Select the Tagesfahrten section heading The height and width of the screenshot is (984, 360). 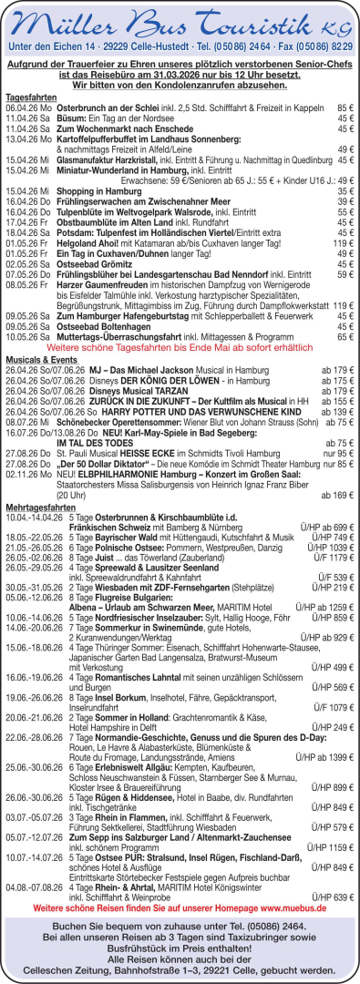32,96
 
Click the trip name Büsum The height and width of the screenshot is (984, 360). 73,118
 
